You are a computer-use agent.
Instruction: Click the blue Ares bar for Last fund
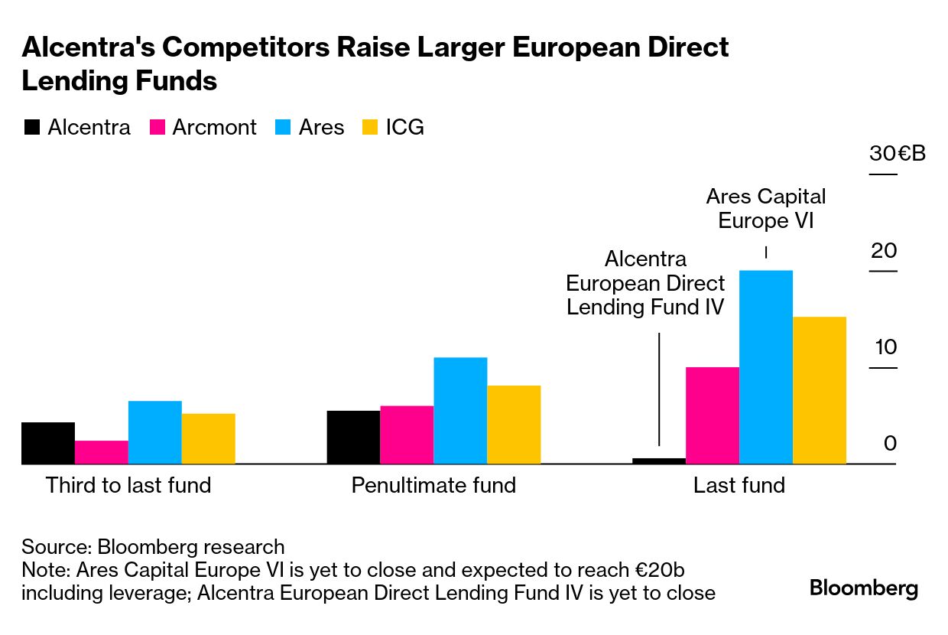point(765,367)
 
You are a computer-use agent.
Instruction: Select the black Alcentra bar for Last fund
point(658,461)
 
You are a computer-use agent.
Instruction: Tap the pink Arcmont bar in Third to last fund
point(101,452)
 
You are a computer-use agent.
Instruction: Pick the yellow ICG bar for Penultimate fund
point(514,425)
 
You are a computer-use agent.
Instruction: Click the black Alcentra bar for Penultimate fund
point(353,437)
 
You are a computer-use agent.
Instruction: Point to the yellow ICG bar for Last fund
point(820,390)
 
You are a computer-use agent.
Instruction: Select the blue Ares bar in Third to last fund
point(154,432)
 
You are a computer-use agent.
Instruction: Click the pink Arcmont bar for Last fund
point(712,415)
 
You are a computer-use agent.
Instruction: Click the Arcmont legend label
point(214,128)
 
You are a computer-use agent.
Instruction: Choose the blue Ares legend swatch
point(282,128)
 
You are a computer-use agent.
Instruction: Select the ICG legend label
point(404,128)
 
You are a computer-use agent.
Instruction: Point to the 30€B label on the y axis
point(897,154)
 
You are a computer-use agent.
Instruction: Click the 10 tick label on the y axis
point(885,347)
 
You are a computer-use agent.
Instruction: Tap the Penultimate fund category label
point(433,485)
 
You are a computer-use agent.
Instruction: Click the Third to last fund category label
point(128,485)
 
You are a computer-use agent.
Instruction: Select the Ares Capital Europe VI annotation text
point(766,208)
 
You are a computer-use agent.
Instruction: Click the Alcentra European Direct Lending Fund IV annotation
point(645,283)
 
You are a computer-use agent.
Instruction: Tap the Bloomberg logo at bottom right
point(864,588)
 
